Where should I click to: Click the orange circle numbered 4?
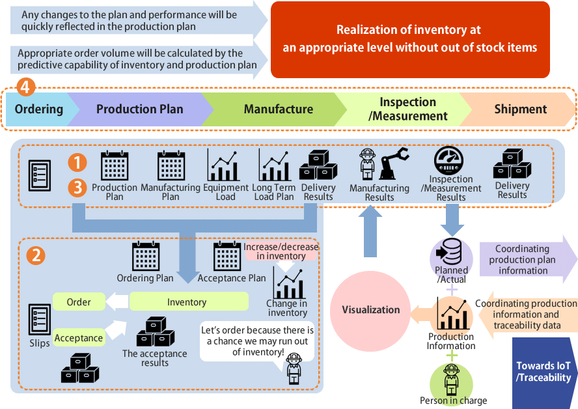click(x=25, y=86)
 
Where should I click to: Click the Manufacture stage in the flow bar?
click(x=278, y=109)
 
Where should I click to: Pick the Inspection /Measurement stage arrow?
click(x=408, y=109)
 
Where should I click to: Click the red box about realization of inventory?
click(x=409, y=38)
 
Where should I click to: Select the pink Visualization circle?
click(x=371, y=309)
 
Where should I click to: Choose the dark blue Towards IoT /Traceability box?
click(x=544, y=373)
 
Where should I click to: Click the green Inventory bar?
click(x=188, y=302)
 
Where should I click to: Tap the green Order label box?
click(x=78, y=302)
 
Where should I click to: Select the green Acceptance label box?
click(x=79, y=337)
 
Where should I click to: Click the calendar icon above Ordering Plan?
click(x=145, y=257)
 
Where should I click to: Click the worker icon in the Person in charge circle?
click(x=450, y=379)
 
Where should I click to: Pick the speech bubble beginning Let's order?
click(x=256, y=341)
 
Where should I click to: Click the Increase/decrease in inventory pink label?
click(x=281, y=251)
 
